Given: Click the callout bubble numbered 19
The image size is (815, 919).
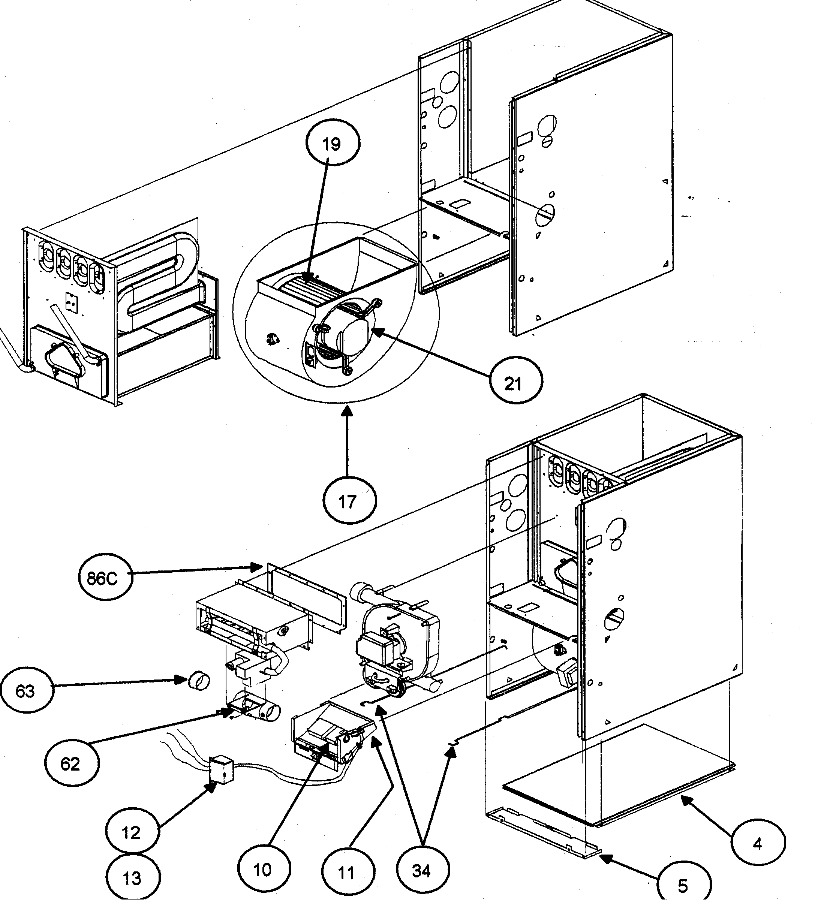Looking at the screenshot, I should [333, 144].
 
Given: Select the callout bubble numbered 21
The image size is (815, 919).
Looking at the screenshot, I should [516, 383].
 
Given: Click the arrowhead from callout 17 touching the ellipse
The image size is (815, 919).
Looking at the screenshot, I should [347, 408].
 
